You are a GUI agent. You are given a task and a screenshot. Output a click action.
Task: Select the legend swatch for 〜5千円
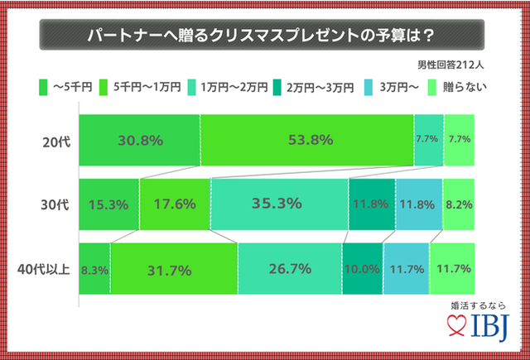coord(43,85)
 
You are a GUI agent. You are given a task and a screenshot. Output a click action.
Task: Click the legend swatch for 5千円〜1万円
coord(105,85)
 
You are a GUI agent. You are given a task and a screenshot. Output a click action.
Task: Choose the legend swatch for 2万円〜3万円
coord(276,85)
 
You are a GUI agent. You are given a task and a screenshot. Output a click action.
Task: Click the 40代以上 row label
coord(48,269)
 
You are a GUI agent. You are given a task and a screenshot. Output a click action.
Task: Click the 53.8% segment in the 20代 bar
coord(306,138)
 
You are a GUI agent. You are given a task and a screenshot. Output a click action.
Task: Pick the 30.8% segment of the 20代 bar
coord(139,138)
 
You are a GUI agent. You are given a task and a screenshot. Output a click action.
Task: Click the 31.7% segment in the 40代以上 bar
coord(174,269)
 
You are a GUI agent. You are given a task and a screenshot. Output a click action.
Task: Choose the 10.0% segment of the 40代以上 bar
coord(362,269)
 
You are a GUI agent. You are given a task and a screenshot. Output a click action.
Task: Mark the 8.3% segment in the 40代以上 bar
coord(94,269)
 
